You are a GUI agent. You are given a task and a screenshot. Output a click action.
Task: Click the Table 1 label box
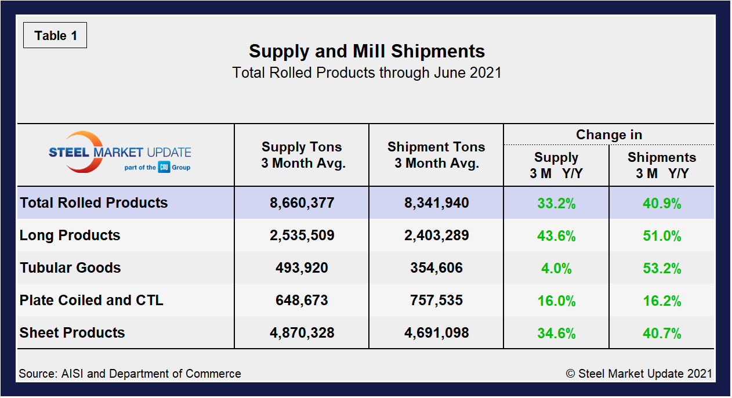click(55, 35)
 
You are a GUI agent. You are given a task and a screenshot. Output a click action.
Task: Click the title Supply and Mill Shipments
click(367, 51)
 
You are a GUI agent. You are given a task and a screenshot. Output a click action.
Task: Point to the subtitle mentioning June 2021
click(367, 73)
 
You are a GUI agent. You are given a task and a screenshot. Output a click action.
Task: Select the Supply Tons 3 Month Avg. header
click(302, 155)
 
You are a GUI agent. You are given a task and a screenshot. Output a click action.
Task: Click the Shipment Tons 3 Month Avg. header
click(436, 155)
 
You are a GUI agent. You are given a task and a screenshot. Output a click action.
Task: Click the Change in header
click(608, 135)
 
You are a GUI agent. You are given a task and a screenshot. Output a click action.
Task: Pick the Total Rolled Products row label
click(94, 202)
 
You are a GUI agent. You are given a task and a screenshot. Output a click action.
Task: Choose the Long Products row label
click(70, 235)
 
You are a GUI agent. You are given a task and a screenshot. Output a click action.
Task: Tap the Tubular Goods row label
click(70, 267)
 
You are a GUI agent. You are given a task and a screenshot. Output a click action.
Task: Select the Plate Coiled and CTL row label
click(92, 300)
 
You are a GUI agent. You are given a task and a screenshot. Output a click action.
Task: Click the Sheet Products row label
click(73, 332)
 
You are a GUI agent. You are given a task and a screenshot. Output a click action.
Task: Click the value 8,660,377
click(302, 203)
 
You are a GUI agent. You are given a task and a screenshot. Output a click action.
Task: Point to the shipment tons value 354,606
click(436, 268)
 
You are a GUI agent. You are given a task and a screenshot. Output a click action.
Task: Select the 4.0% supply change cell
click(556, 269)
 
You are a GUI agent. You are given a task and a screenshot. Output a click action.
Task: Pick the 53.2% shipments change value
click(661, 269)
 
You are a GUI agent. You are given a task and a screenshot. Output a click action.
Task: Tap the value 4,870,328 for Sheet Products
click(302, 333)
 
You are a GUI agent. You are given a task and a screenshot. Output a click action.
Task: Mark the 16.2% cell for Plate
click(661, 301)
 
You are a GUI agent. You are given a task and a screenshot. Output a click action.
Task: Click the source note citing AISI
click(130, 374)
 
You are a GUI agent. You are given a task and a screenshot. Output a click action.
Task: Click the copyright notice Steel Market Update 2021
click(639, 374)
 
